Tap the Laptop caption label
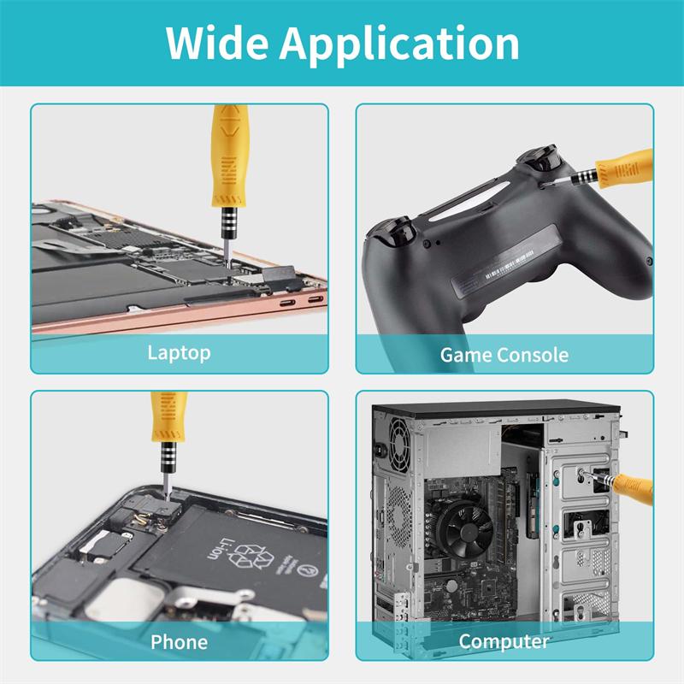pos(179,352)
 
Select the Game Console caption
pos(504,355)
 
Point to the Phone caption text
pos(179,641)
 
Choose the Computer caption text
pos(504,641)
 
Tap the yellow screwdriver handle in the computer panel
pos(641,491)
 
